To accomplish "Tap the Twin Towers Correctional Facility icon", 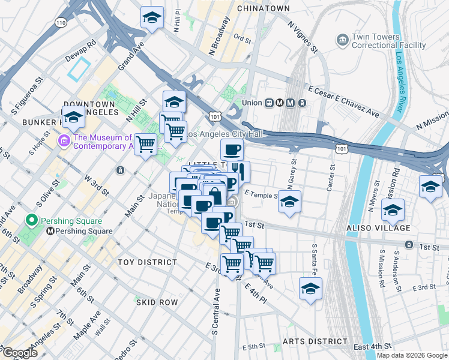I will (342, 41).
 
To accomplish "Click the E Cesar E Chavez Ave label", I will (343, 101).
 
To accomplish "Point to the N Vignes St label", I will (302, 37).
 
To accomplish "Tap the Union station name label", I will (251, 103).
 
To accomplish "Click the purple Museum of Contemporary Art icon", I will (64, 141).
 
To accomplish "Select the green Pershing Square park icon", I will (28, 220).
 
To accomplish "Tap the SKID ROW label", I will (157, 302).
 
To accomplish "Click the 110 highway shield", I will (60, 22).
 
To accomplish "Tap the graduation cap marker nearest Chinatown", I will (152, 17).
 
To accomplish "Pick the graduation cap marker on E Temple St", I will (289, 202).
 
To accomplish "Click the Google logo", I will (20, 353).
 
